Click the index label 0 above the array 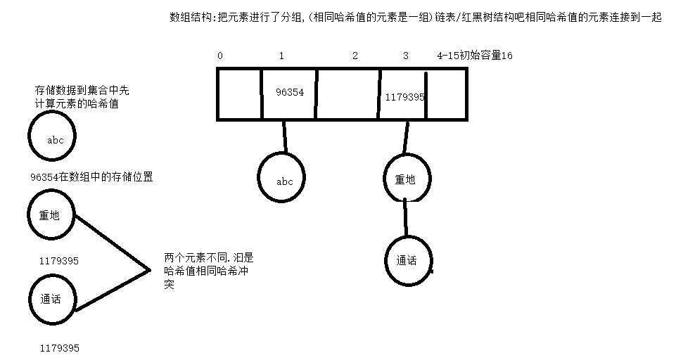tap(220, 56)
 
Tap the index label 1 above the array tap(281, 56)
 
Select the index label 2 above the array tap(355, 56)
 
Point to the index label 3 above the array tap(405, 56)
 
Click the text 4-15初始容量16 tap(474, 56)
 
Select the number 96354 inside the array tap(290, 92)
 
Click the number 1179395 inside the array tap(404, 97)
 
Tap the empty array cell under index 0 tap(238, 94)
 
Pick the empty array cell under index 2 tap(348, 94)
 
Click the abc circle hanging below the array tap(284, 181)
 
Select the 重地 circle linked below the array tap(405, 179)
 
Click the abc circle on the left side tap(54, 139)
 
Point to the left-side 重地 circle tap(50, 215)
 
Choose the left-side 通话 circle tap(50, 299)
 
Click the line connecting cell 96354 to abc tap(285, 136)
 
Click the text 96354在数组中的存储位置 tap(91, 177)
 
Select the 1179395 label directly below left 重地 tap(59, 261)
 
